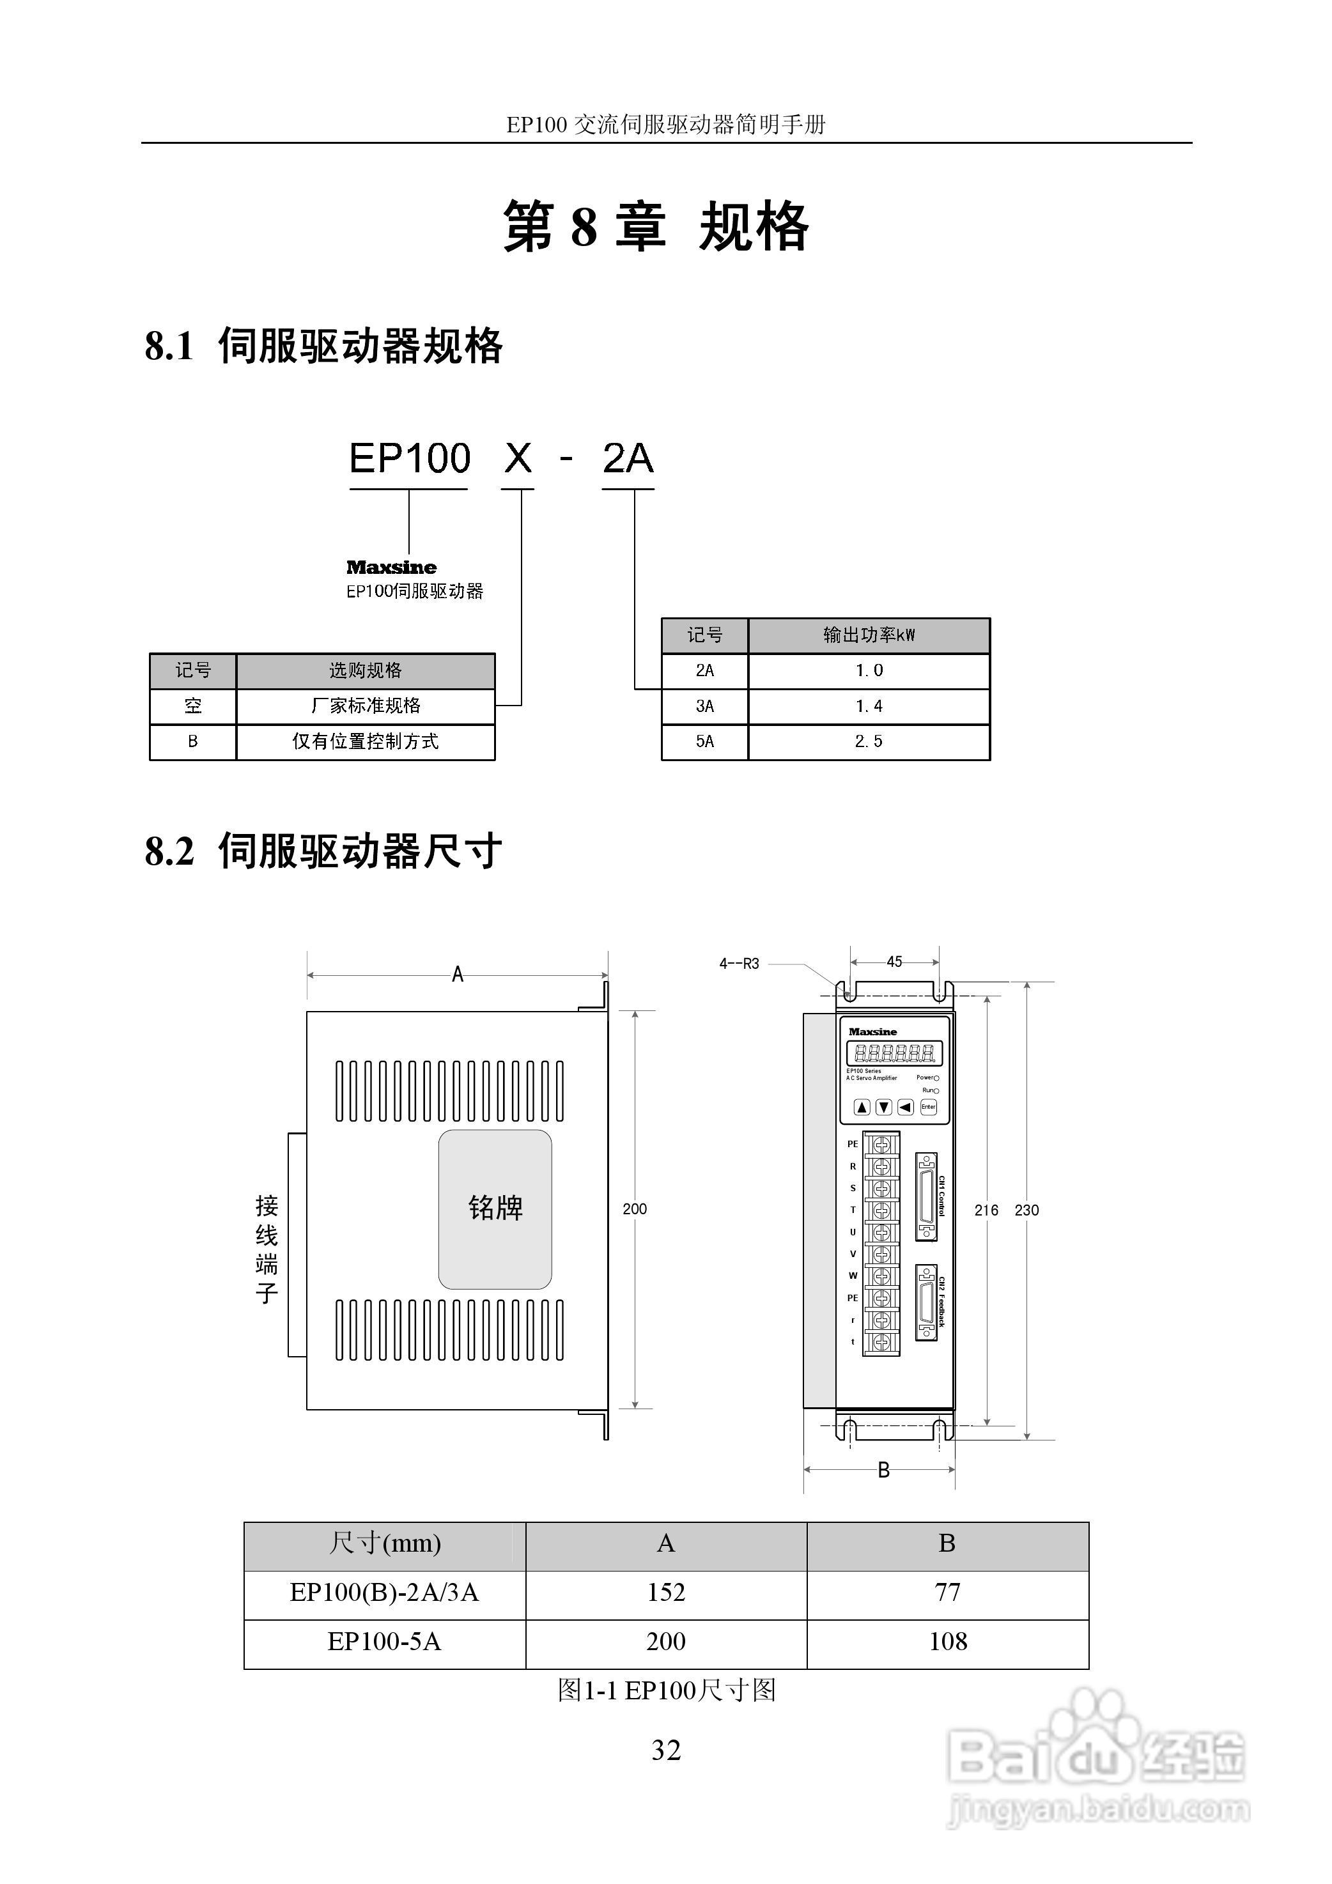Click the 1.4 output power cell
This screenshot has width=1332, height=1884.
tap(869, 706)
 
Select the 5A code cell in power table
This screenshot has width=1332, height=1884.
tap(704, 741)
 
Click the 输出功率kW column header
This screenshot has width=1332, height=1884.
tap(869, 635)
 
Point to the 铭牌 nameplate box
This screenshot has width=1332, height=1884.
tap(495, 1208)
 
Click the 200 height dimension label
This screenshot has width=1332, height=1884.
tap(635, 1208)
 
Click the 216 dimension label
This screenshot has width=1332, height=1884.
tap(986, 1210)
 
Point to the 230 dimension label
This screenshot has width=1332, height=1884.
tap(1026, 1210)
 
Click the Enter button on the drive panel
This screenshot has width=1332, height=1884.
tap(928, 1107)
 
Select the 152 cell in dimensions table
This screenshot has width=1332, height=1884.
tap(665, 1593)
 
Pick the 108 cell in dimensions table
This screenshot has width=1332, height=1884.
tap(948, 1642)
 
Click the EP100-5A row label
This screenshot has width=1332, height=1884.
tap(384, 1642)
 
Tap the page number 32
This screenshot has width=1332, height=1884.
tap(665, 1751)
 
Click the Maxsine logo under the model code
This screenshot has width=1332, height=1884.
tap(391, 567)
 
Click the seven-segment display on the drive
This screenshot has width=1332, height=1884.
tap(894, 1053)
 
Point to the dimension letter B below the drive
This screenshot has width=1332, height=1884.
tap(883, 1470)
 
